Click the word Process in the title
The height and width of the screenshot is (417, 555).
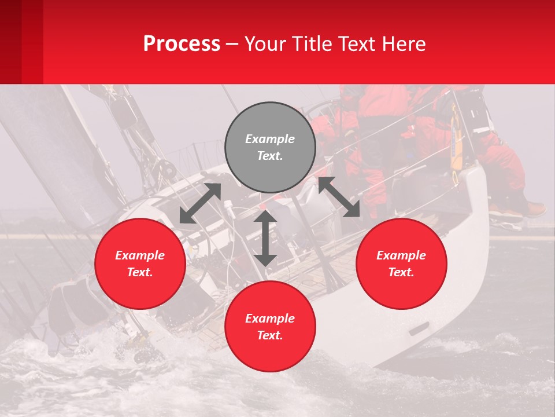182,44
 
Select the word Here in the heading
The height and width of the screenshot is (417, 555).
404,44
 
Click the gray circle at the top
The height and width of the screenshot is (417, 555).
270,147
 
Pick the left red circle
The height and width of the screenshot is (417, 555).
140,264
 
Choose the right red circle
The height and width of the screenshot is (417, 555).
401,264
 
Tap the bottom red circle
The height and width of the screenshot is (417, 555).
270,326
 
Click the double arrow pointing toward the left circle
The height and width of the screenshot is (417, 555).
200,203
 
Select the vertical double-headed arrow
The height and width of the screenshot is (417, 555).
265,238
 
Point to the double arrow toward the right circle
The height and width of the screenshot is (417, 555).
339,197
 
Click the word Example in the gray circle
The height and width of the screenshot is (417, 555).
270,139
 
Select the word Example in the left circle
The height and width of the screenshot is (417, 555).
140,255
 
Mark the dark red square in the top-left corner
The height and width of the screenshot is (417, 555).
10,42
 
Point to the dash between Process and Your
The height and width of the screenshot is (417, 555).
232,45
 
